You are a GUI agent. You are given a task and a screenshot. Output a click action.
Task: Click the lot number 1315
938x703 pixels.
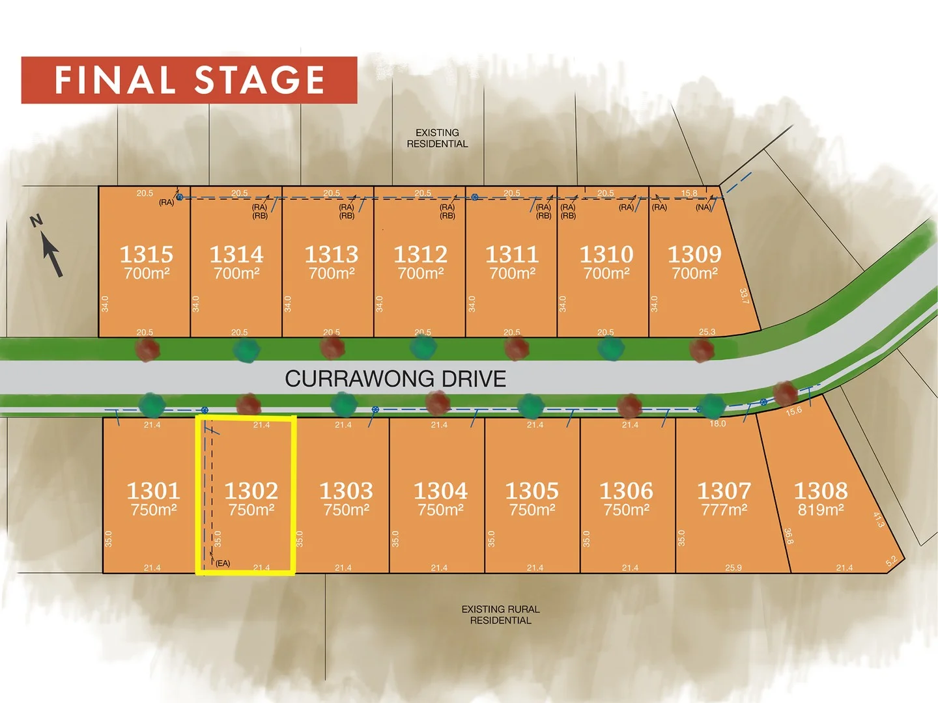[x=147, y=254]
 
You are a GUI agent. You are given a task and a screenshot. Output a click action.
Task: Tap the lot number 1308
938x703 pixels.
[x=821, y=490]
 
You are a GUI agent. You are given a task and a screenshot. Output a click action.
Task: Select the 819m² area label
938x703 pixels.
[x=821, y=510]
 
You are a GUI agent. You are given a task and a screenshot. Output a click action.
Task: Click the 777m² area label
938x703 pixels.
[x=724, y=510]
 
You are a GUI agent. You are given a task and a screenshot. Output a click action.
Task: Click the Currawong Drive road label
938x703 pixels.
[x=395, y=379]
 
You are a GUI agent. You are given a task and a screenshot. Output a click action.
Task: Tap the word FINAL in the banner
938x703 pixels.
[x=115, y=81]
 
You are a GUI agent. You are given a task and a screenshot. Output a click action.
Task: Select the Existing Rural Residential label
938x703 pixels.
[x=500, y=614]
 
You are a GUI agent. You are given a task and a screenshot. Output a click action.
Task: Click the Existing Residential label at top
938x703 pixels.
[x=437, y=138]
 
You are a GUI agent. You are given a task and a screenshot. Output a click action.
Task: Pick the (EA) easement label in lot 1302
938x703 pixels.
[x=223, y=563]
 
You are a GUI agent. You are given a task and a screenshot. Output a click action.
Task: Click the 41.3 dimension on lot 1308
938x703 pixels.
[x=878, y=519]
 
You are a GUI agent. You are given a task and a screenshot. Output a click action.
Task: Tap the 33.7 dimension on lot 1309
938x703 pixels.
[x=744, y=296]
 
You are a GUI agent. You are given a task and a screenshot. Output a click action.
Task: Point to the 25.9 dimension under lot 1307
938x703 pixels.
[x=733, y=568]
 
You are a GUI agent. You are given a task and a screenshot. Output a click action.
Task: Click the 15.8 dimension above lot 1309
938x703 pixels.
[x=689, y=193]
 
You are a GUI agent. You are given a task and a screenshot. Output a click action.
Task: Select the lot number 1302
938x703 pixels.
[x=251, y=490]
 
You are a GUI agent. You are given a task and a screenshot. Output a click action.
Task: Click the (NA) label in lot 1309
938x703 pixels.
[x=703, y=208]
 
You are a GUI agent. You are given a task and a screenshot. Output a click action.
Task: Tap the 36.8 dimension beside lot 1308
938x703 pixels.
[x=788, y=536]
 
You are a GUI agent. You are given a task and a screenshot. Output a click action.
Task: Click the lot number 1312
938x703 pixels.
[x=421, y=254]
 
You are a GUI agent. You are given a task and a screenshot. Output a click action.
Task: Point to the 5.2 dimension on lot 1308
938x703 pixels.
[x=891, y=560]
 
